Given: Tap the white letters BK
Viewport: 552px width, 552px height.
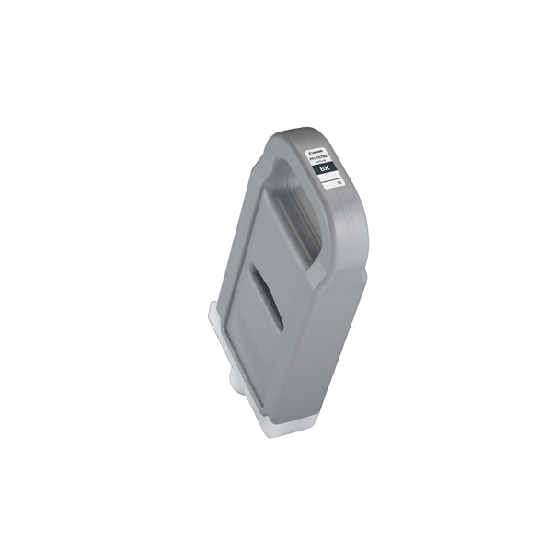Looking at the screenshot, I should (324, 170).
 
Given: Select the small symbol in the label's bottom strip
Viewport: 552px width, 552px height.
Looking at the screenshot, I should (339, 186).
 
